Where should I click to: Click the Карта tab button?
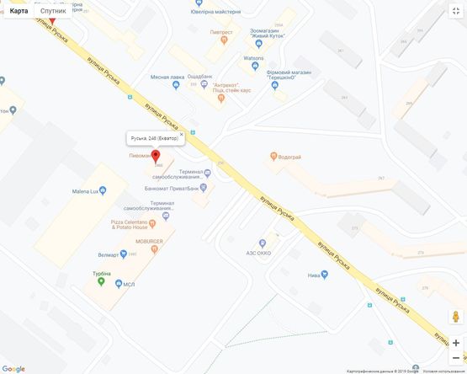pos(19,11)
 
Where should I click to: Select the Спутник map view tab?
pos(53,11)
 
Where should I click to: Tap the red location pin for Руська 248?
pos(155,157)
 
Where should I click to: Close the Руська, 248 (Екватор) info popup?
pos(181,135)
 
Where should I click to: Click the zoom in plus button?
pos(455,343)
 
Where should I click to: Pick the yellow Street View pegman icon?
pos(455,317)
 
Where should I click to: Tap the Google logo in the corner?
pos(13,368)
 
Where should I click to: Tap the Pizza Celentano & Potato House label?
pos(130,225)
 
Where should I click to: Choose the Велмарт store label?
pos(109,254)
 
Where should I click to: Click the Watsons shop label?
pos(253,58)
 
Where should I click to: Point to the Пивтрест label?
pos(221,32)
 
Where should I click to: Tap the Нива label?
pos(316,275)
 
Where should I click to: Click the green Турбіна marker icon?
pos(102,280)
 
